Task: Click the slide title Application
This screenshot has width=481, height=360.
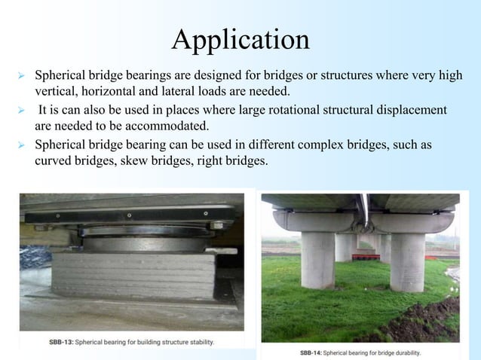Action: [240, 38]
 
